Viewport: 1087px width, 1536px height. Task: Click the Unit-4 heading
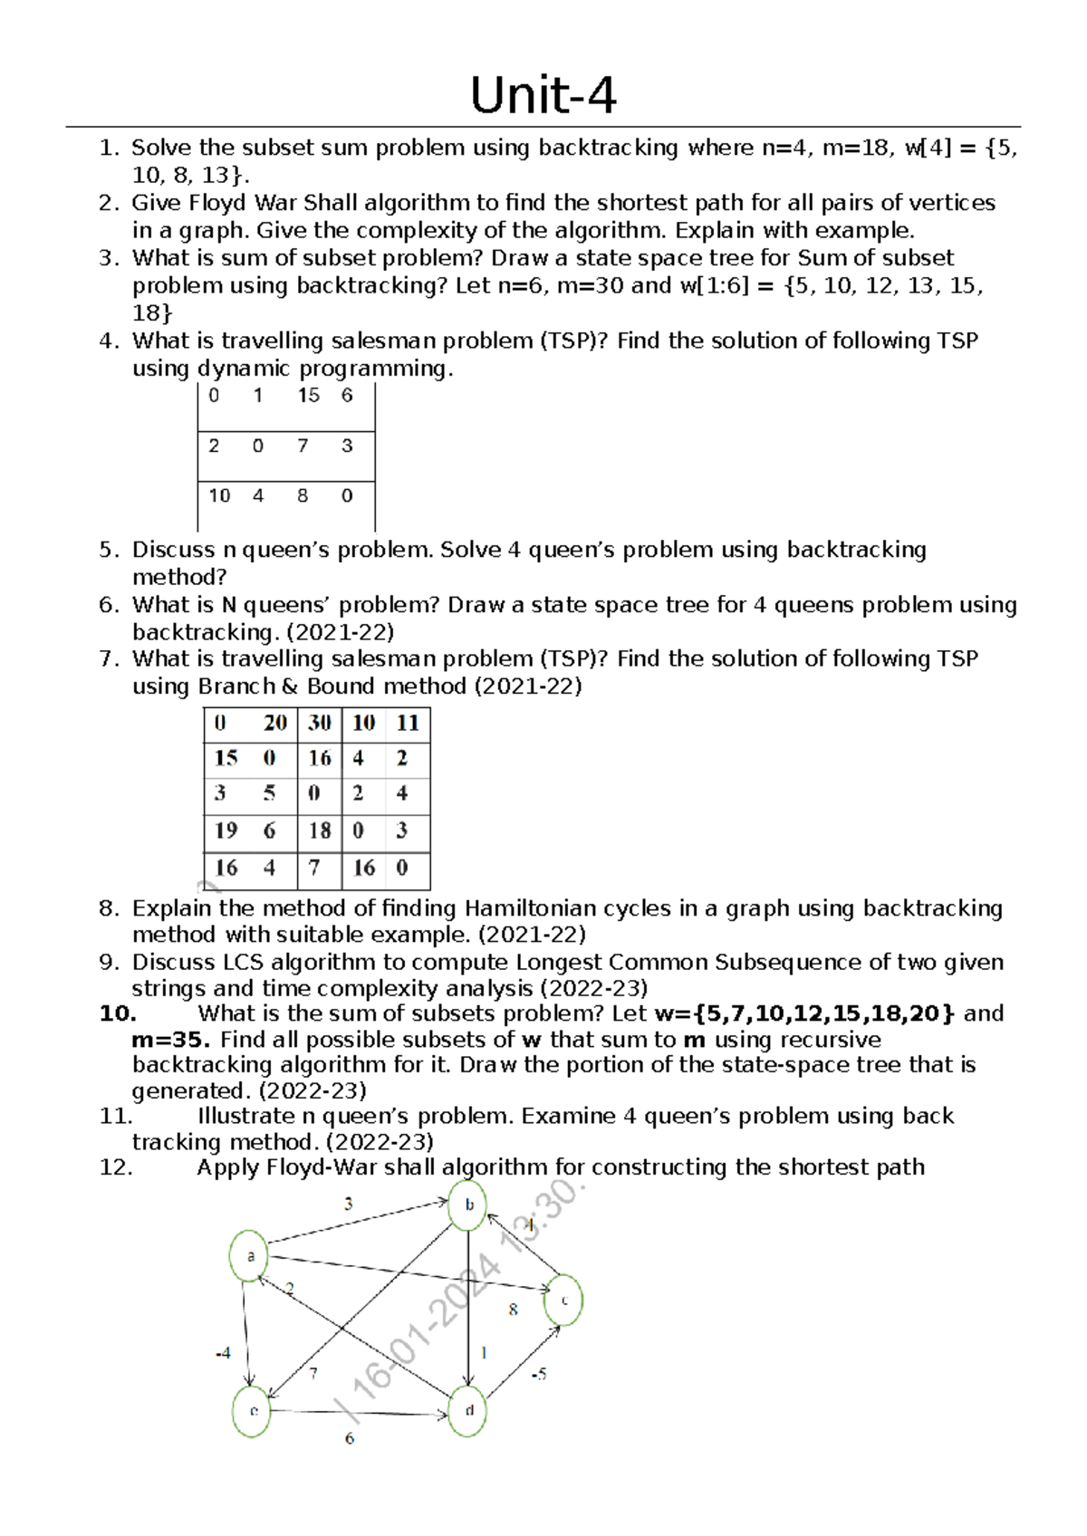[x=543, y=95]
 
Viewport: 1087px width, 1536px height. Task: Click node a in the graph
[x=249, y=1255]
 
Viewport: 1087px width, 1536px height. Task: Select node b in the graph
[x=468, y=1205]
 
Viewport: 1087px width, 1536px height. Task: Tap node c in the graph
[x=563, y=1301]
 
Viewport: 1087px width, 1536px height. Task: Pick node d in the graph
[x=468, y=1410]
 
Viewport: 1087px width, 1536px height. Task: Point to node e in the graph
[x=253, y=1411]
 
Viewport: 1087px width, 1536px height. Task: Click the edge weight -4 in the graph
[x=223, y=1353]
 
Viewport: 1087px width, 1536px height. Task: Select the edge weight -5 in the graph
[x=539, y=1374]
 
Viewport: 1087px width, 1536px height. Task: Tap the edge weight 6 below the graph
[x=350, y=1438]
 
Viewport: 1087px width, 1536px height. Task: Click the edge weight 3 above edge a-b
[x=349, y=1204]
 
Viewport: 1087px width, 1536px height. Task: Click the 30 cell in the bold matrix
[x=319, y=723]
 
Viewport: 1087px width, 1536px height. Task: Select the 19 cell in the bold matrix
[x=226, y=830]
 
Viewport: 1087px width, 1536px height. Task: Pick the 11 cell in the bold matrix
[x=408, y=723]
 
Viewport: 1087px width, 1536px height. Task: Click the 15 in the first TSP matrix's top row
[x=308, y=396]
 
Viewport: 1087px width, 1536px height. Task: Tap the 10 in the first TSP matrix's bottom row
[x=219, y=495]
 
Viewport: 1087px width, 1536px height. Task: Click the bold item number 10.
[x=118, y=1013]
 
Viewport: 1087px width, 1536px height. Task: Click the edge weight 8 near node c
[x=514, y=1310]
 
